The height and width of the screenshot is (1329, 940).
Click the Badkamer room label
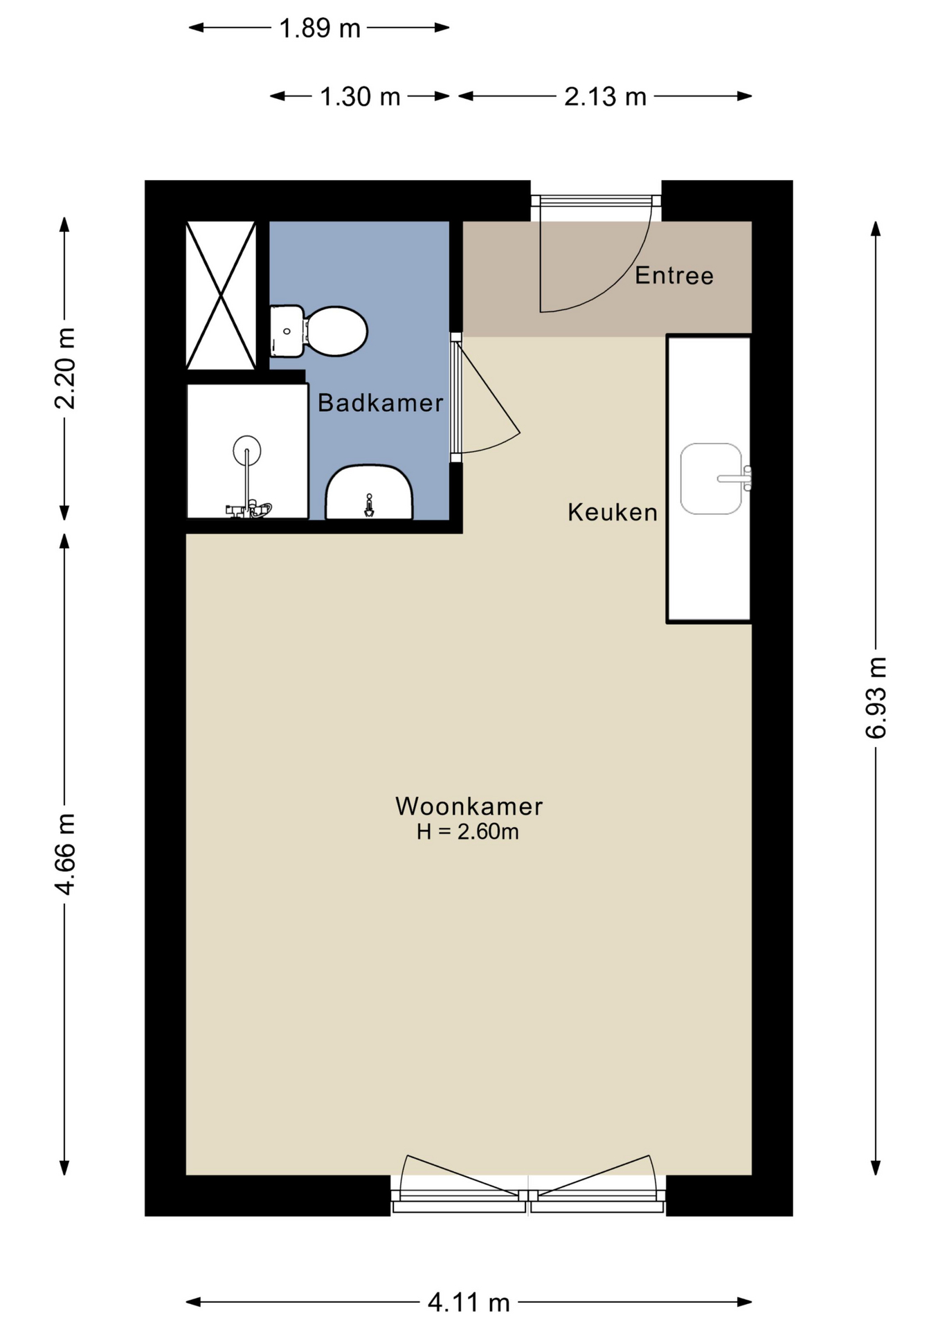[380, 402]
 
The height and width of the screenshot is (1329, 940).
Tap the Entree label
[674, 275]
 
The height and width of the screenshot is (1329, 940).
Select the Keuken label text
[612, 512]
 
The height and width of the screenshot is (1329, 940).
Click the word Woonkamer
[469, 806]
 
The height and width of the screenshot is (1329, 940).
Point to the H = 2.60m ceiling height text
[467, 831]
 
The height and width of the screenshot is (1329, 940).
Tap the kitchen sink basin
[711, 479]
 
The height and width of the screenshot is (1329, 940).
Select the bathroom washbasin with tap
[369, 493]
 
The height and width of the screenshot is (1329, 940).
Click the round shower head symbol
[247, 450]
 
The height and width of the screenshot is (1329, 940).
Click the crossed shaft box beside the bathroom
[221, 295]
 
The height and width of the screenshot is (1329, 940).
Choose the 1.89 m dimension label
[319, 28]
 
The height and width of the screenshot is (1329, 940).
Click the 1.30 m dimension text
[360, 96]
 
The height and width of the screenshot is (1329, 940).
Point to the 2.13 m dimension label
[605, 96]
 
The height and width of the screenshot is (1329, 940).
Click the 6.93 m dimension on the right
[876, 697]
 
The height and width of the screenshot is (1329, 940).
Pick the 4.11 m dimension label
[469, 1303]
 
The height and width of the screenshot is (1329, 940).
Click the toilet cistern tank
[287, 332]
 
